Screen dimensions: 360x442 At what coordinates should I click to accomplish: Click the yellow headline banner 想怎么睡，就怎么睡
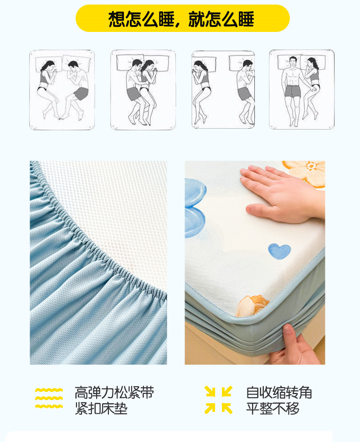point(183,18)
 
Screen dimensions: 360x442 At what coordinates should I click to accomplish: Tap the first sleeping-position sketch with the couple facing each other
point(62,90)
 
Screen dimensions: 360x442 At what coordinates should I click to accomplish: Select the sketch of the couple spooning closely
point(143,90)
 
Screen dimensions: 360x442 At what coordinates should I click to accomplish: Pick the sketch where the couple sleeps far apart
point(223,90)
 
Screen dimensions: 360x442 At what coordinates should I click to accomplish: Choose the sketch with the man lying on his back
point(302,90)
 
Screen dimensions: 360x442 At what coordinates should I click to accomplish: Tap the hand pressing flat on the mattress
point(282,194)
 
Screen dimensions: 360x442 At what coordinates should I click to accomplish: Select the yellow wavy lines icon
point(49,398)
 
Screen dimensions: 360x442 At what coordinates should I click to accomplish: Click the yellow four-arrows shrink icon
point(219,400)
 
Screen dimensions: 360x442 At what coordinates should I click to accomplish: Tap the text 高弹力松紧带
point(114,392)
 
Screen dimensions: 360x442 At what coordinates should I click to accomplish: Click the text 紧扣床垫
point(101,408)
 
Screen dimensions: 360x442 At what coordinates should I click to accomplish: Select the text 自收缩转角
point(279,392)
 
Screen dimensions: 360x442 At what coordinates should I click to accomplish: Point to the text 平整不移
point(273,408)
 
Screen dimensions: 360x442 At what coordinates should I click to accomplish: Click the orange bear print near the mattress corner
point(252,306)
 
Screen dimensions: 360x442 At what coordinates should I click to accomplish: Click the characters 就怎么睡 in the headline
point(221,19)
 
